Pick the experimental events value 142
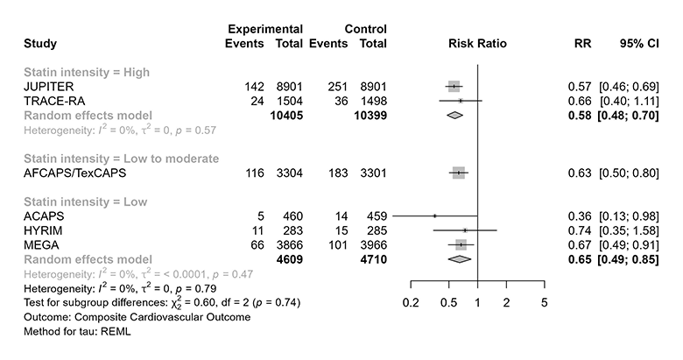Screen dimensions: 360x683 click(x=255, y=87)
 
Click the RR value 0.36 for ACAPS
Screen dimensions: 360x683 click(x=579, y=216)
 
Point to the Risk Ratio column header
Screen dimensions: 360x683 click(x=477, y=43)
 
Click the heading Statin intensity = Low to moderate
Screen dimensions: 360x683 click(x=109, y=159)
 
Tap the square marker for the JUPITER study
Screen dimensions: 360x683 click(x=454, y=87)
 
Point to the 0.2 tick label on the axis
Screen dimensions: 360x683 click(x=411, y=302)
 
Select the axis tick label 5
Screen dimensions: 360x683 click(x=544, y=302)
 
